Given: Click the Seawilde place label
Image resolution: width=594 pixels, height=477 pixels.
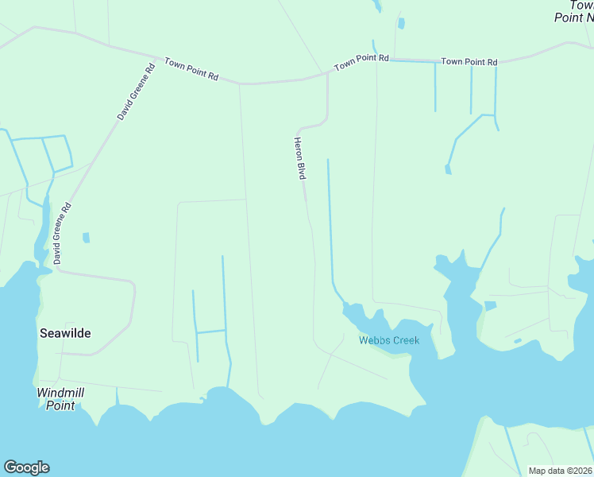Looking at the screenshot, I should coord(65,333).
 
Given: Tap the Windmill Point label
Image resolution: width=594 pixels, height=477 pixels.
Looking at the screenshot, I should coord(60,399).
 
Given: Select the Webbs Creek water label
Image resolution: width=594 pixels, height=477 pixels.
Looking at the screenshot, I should coord(388,340).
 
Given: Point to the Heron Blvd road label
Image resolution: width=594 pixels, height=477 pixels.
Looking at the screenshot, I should coord(300,158).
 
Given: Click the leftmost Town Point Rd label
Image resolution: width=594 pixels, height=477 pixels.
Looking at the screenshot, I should coord(191,68).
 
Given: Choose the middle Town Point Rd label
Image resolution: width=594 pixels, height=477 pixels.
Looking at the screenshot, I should coord(361,62).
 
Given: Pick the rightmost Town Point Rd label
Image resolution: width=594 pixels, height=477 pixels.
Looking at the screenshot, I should coord(469,61).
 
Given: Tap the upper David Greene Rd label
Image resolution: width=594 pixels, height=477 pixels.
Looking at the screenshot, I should coord(136,92).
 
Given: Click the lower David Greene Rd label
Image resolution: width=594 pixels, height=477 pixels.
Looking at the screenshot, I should coord(63,233).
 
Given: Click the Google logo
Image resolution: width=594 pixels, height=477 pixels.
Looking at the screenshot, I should coord(26,467).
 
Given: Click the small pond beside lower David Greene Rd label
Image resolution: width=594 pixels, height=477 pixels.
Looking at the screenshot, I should coord(86,237).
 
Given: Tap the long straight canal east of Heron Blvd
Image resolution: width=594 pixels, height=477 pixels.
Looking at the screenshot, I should coord(329,223).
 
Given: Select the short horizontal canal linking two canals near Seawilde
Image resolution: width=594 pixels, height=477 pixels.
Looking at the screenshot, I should coord(210,331).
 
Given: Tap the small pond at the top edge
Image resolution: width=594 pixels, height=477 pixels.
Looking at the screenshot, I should coord(401,23).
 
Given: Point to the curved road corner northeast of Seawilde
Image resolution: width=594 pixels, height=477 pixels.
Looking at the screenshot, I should coord(131,286).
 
